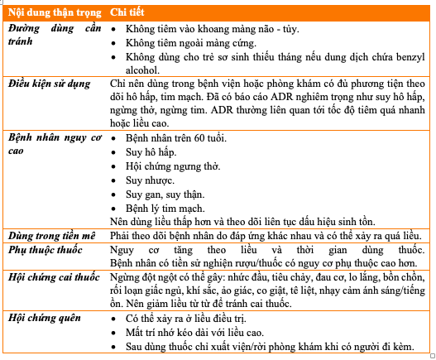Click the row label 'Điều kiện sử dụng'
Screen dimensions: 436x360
[50, 84]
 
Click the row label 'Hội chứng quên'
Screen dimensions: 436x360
[43, 318]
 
